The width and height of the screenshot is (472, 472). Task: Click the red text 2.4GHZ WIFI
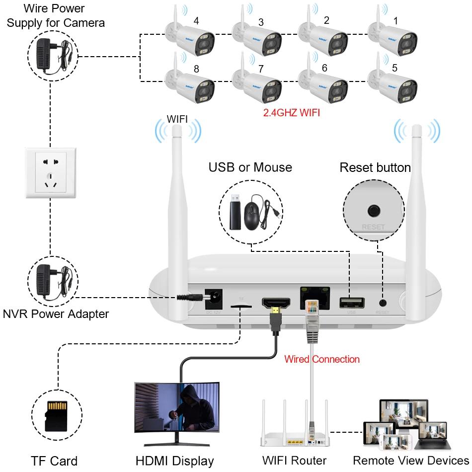pos(292,113)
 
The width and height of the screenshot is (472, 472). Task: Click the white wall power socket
pos(50,172)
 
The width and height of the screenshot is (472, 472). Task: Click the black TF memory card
pos(56,415)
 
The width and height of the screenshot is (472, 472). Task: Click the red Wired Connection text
pos(322,359)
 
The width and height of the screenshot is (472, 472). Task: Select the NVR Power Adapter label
pos(56,314)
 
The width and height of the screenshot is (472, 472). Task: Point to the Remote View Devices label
pos(410,460)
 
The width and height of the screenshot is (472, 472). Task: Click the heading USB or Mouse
pos(250,167)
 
